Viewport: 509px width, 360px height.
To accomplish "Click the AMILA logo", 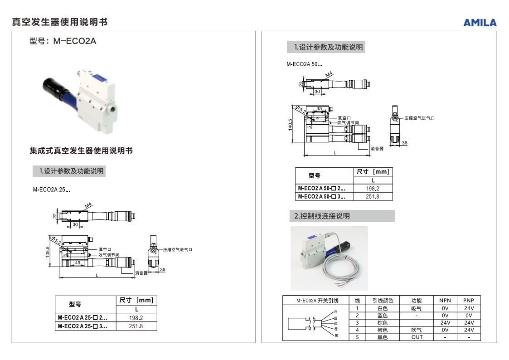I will (480, 23).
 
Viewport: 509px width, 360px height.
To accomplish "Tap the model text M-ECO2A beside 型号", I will (75, 41).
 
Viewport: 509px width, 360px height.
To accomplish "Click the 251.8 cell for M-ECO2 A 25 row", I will (136, 326).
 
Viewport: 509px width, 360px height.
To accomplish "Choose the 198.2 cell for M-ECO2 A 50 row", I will (373, 188).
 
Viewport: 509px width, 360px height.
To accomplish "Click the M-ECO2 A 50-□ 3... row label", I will (321, 196).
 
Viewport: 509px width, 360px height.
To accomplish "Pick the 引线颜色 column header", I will (383, 301).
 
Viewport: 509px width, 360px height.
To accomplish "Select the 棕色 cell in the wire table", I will (383, 323).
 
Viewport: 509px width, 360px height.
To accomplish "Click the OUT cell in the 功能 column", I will (417, 337).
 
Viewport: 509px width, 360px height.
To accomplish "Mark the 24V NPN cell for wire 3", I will (445, 323).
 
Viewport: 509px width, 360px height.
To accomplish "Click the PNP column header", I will (468, 301).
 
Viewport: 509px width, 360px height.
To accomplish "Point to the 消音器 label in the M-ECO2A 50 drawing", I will (377, 149).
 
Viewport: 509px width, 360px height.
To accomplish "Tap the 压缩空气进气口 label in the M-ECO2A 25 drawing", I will (178, 250).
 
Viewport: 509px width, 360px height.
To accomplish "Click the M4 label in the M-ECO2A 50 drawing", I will (330, 74).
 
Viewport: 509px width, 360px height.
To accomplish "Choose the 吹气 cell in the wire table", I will (417, 330).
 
